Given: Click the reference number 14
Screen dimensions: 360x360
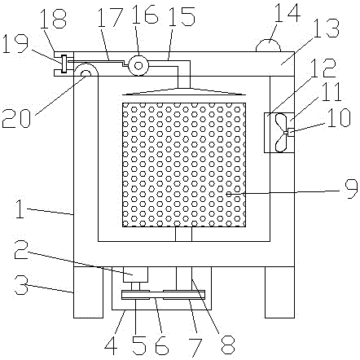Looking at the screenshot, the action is coord(288,13).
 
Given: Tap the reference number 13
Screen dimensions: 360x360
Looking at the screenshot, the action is coord(326,29).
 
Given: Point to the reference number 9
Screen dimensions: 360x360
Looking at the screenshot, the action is coord(351,189).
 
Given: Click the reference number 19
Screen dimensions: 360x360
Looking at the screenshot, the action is coord(15,44).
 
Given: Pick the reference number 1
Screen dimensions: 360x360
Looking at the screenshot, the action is coord(20,209).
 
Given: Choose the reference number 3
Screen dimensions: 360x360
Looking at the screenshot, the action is coord(21,284).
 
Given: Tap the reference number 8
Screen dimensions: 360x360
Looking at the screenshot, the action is coord(228,344).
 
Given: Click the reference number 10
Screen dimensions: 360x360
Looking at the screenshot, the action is coord(339,117).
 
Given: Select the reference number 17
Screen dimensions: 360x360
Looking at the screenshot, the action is coord(110,17).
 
